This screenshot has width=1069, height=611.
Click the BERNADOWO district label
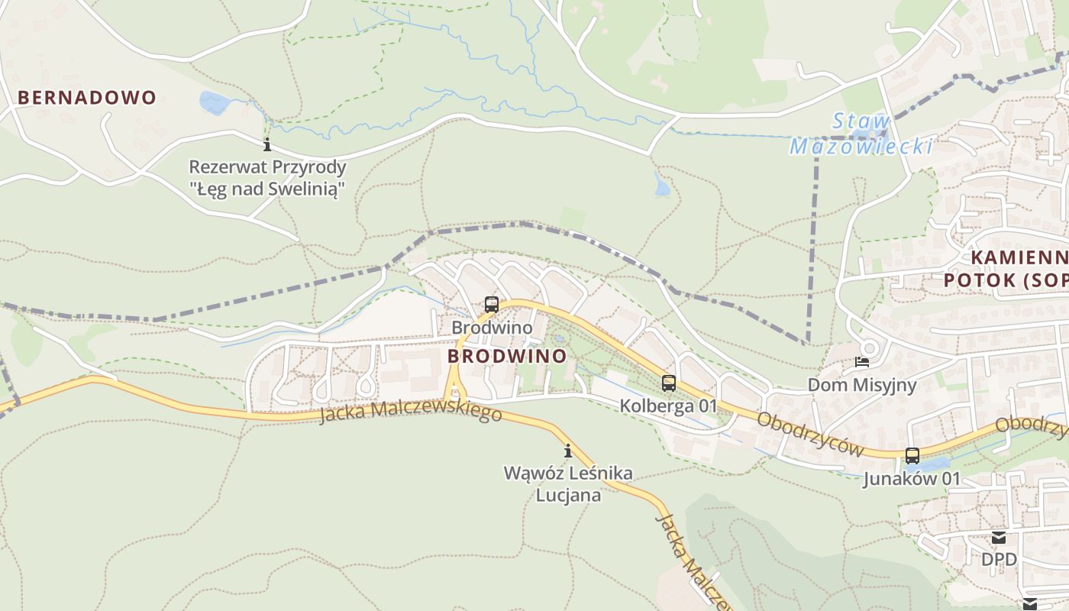pos(86,98)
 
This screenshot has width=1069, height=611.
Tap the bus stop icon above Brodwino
pos(492,305)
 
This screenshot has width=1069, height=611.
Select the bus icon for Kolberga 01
pos(669,383)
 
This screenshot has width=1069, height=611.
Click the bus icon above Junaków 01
pos(912,456)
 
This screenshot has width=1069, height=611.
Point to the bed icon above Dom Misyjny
pos(862,362)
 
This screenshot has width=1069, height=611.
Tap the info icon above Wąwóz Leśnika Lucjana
pos(567,451)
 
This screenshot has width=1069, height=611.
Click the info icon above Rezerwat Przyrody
pos(267,144)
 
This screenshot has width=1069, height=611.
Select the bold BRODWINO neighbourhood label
pos(507,357)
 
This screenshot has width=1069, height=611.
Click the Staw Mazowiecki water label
pos(861,134)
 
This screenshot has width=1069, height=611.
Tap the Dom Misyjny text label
pos(862,385)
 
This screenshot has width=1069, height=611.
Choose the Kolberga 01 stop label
pos(669,406)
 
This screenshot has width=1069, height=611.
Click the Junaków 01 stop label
pos(912,479)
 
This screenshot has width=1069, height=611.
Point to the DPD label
pos(999,560)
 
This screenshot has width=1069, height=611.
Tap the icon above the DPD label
pos(999,538)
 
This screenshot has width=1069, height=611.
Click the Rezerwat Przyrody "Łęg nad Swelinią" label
pos(267,178)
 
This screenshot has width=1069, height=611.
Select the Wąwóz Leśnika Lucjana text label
pos(568,484)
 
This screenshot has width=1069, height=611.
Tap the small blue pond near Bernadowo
pos(213,102)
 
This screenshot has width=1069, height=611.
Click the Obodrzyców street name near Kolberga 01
pos(810,434)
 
